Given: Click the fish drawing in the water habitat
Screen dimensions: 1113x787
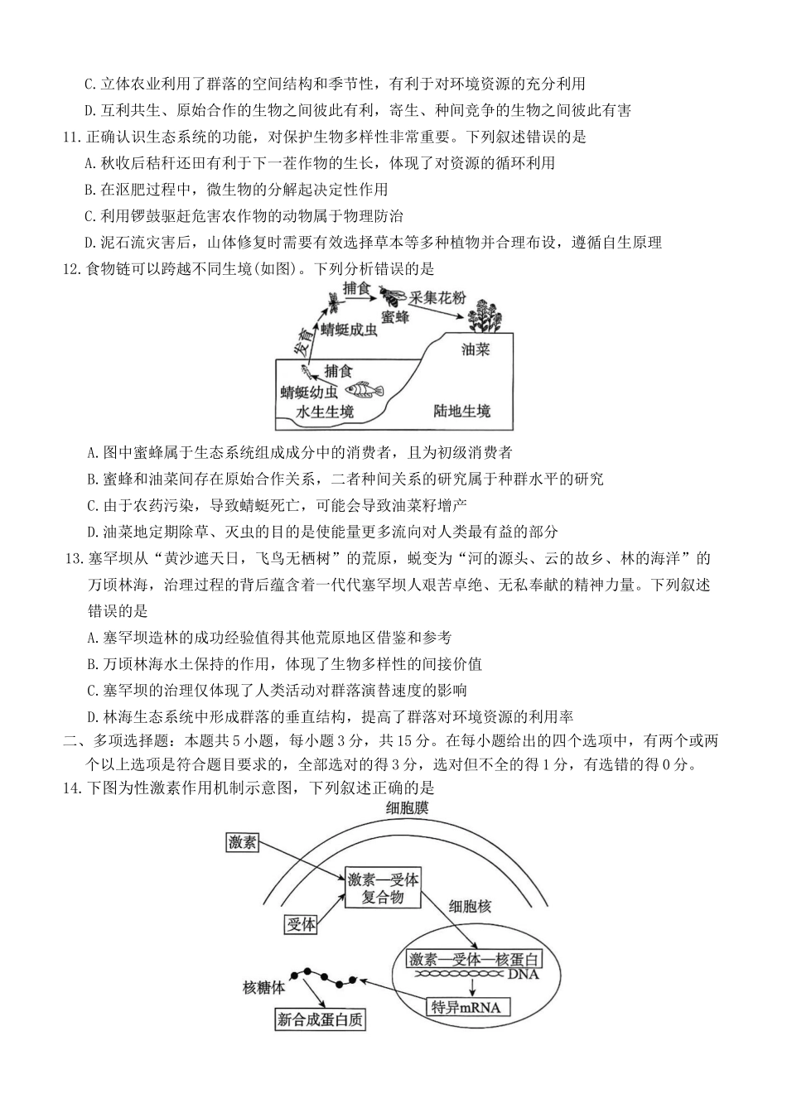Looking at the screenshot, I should click(x=365, y=389).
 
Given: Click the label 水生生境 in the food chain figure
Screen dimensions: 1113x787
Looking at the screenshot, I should click(x=325, y=411).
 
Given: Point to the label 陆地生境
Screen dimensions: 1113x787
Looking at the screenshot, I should click(x=461, y=411).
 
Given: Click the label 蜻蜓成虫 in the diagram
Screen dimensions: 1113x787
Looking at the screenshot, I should click(x=349, y=330).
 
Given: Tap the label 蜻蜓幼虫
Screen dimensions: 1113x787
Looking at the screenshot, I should click(x=309, y=392).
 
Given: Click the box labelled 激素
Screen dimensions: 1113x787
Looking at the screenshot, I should click(x=243, y=843).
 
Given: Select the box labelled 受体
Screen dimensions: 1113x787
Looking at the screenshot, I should click(x=300, y=924).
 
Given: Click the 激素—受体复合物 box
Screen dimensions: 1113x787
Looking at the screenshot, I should click(x=383, y=888).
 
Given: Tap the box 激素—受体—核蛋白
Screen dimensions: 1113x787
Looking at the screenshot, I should click(x=473, y=960).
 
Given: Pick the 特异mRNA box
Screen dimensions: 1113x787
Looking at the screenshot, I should click(x=468, y=1007).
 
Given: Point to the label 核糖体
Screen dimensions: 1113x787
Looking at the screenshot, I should click(x=263, y=987).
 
